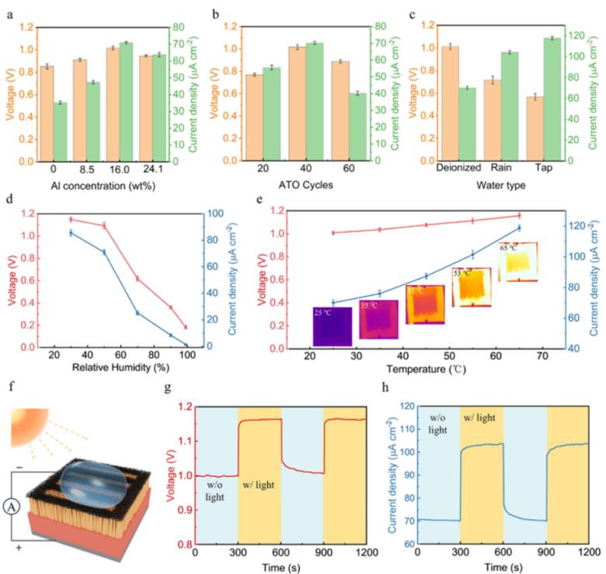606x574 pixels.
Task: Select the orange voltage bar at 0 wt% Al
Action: pyautogui.click(x=47, y=114)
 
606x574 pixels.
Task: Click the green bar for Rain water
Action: pyautogui.click(x=510, y=106)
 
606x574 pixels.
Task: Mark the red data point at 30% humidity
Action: pyautogui.click(x=71, y=219)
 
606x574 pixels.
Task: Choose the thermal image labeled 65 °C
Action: pyautogui.click(x=517, y=262)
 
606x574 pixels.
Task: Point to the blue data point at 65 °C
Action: pyautogui.click(x=519, y=228)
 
